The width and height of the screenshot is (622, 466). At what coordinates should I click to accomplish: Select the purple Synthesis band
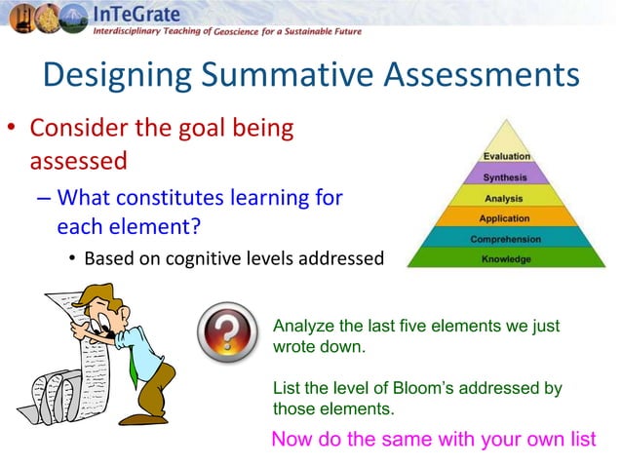coord(506,177)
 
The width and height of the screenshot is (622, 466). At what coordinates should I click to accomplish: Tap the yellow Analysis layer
coord(506,198)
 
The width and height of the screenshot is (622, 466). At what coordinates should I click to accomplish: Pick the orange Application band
coord(506,218)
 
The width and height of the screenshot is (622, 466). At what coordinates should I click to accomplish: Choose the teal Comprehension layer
coord(506,239)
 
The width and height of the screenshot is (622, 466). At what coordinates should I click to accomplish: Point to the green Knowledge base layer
coord(506,259)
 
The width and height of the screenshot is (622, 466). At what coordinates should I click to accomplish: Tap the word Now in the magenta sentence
coord(291,439)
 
